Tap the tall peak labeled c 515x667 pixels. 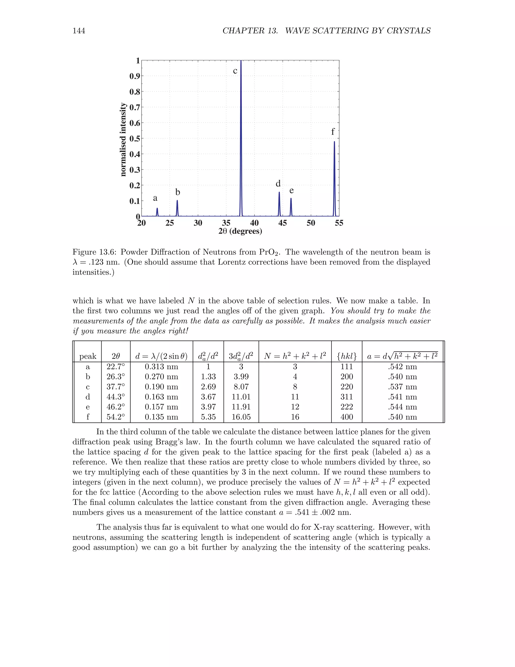(x=241, y=137)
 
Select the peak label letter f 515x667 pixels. (x=333, y=132)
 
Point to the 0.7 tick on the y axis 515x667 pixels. (x=135, y=107)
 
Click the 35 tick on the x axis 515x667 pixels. (x=226, y=223)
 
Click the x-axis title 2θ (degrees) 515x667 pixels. (x=240, y=231)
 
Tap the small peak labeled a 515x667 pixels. (x=157, y=212)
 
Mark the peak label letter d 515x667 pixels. (x=278, y=183)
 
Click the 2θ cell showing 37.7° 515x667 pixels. (x=116, y=387)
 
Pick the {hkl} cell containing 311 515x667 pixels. (x=347, y=397)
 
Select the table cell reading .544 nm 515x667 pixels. (x=402, y=407)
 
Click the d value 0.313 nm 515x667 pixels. (x=161, y=366)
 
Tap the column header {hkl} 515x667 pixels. (x=347, y=356)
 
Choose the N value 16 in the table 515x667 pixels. (x=295, y=417)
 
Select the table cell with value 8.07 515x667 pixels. (x=241, y=387)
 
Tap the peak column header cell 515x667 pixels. (x=88, y=356)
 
